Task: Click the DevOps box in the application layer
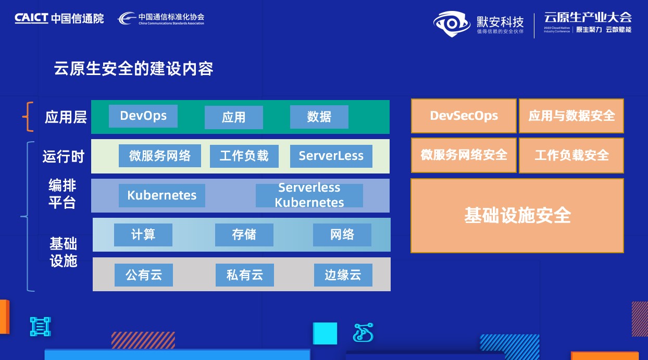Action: click(143, 116)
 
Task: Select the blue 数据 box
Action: click(319, 117)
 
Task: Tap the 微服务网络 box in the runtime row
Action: click(160, 156)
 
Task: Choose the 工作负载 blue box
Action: click(244, 156)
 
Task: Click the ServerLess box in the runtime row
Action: click(331, 156)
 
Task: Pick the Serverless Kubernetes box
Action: click(309, 195)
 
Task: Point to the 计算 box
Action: click(143, 234)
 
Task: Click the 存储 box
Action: click(244, 234)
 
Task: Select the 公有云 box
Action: click(144, 275)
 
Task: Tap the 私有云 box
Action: click(245, 275)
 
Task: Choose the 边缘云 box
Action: click(343, 275)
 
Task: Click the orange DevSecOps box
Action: click(464, 116)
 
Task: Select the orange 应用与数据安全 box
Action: click(571, 116)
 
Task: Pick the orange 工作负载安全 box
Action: click(571, 155)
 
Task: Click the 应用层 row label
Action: click(66, 117)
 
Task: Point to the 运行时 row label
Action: click(64, 157)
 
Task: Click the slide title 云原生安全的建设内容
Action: click(134, 69)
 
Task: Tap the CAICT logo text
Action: click(31, 18)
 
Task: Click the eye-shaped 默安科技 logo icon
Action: click(452, 24)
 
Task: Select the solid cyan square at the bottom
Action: click(325, 333)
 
